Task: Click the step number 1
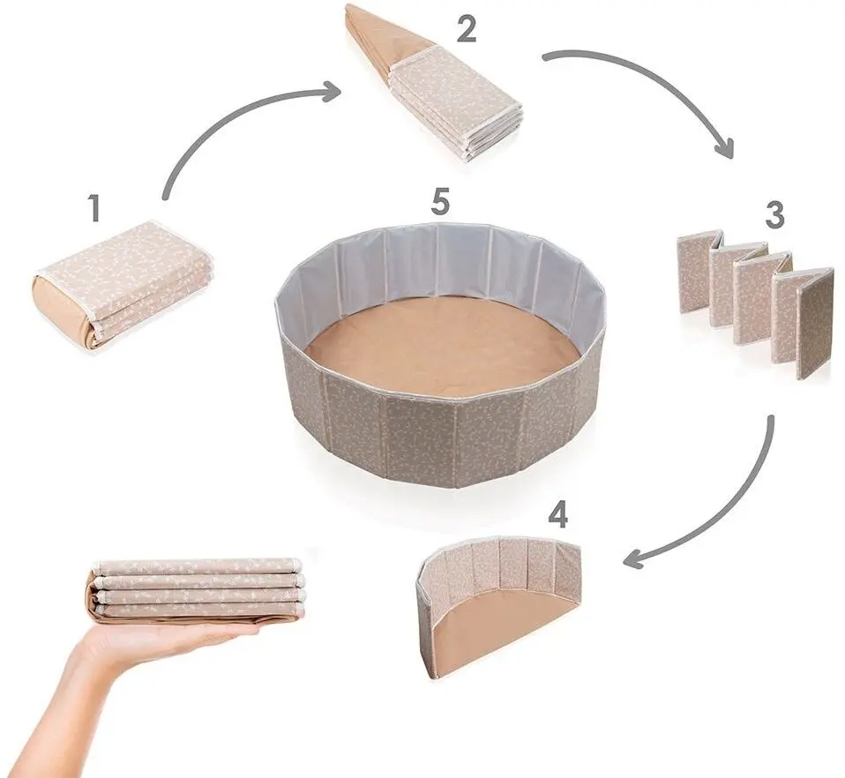pyautogui.click(x=95, y=208)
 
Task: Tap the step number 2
pyautogui.click(x=467, y=29)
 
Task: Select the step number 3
pyautogui.click(x=774, y=214)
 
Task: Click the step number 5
pyautogui.click(x=440, y=203)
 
